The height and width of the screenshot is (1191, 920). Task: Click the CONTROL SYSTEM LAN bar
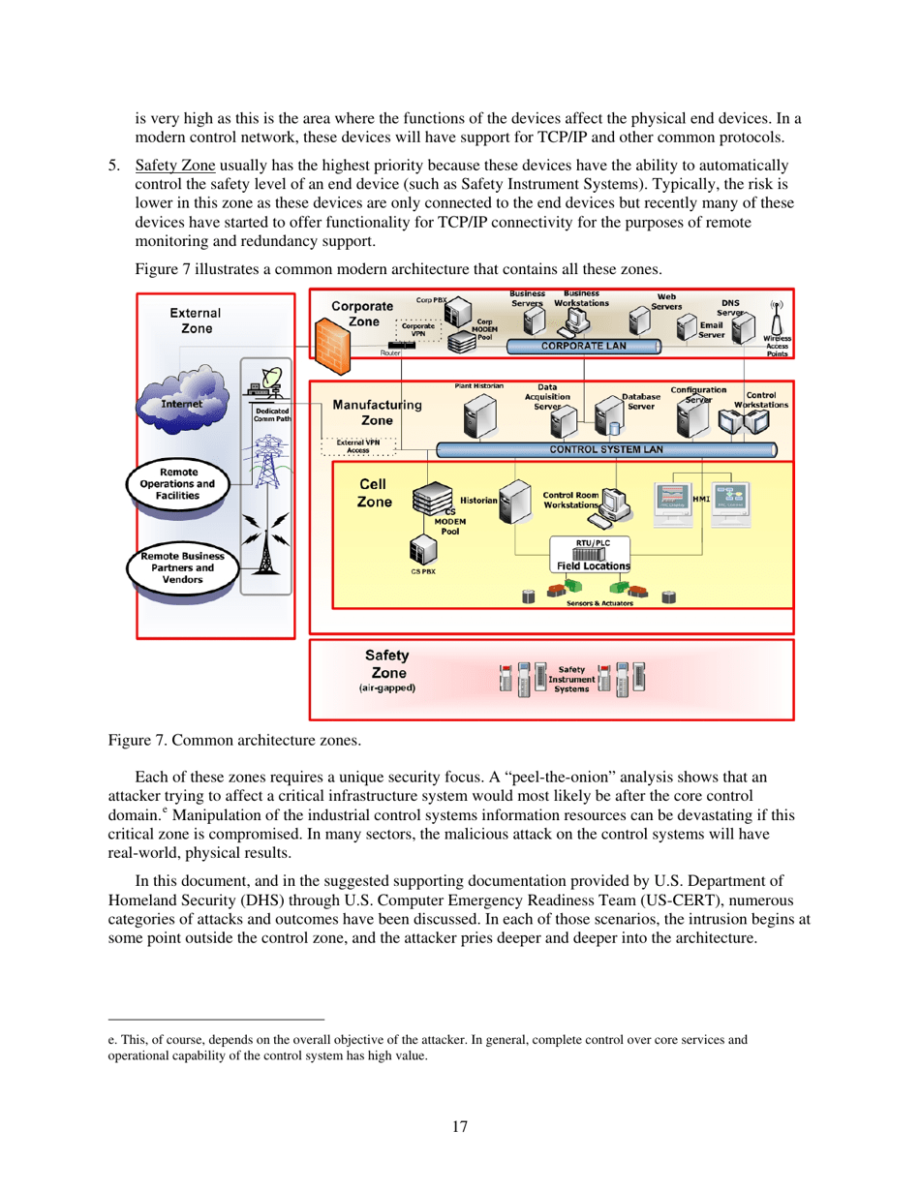pos(604,449)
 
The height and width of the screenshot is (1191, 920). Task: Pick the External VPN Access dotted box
pos(358,446)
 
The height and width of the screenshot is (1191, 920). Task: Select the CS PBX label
pos(422,571)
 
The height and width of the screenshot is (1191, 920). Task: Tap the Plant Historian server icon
pos(479,416)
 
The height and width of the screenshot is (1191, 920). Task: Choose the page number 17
pos(460,1126)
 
